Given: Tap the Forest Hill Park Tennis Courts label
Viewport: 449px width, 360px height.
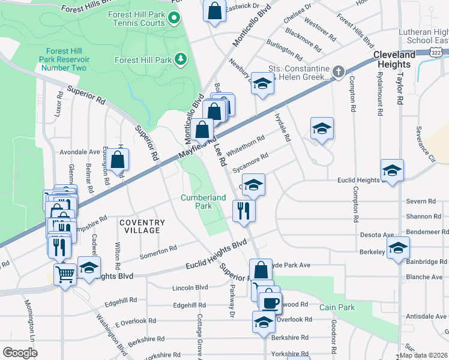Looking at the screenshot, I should point(136,19).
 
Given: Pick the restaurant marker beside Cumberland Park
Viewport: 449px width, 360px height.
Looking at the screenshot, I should point(244,211).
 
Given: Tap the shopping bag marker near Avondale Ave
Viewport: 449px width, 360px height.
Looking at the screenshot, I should point(119,160).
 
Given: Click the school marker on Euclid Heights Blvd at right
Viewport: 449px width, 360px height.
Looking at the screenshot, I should point(392,170).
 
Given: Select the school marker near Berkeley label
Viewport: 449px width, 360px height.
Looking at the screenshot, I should point(398,248).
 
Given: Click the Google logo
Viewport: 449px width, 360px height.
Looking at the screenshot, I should point(20,352).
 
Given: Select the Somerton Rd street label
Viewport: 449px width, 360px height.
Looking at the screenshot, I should point(158,252).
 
